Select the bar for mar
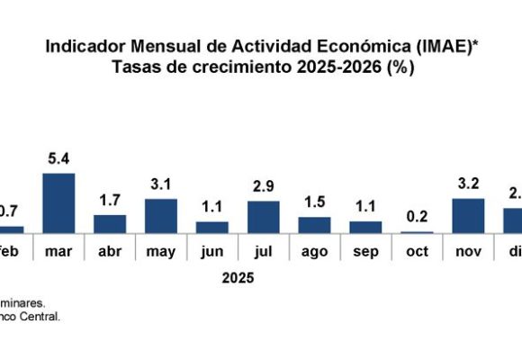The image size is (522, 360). [58, 203]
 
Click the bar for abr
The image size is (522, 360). [110, 224]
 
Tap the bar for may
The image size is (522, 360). [161, 216]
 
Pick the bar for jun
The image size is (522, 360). [212, 228]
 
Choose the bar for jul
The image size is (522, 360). [264, 217]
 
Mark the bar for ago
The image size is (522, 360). [315, 225]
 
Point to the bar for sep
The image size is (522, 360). [366, 228]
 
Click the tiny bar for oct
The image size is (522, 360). [418, 232]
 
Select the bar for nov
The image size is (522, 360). [469, 216]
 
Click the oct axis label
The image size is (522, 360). [418, 252]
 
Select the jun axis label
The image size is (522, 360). [212, 252]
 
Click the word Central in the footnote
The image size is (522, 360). [42, 317]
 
